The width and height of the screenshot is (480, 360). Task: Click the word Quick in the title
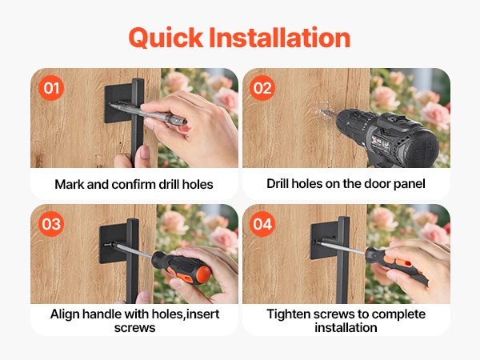(x=166, y=38)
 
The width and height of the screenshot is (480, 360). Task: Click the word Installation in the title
(x=279, y=38)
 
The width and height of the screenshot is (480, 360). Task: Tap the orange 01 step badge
(x=51, y=88)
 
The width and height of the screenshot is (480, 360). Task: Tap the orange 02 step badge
(x=262, y=88)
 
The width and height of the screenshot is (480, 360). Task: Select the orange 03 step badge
(x=51, y=224)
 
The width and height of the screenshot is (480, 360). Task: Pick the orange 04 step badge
(x=262, y=224)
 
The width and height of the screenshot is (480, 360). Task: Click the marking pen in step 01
(x=148, y=114)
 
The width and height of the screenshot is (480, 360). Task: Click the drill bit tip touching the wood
(x=323, y=111)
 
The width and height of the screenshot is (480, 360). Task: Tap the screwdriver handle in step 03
(x=182, y=267)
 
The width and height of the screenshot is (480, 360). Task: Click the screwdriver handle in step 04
(x=397, y=266)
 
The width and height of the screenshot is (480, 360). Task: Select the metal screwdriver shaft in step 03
(x=132, y=250)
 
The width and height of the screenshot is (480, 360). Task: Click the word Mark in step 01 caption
(x=69, y=185)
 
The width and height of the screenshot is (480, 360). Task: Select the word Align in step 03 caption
(x=65, y=314)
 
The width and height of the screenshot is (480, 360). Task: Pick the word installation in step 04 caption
(x=346, y=328)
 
